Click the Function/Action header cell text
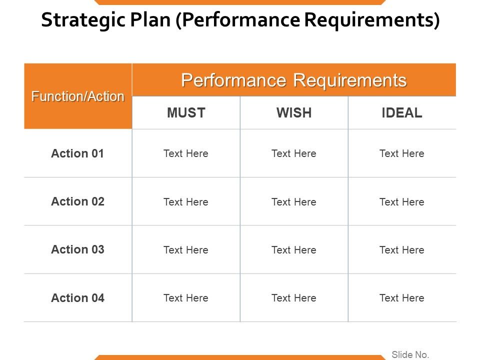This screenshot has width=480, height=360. point(78,96)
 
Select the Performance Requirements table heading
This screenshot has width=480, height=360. point(293,80)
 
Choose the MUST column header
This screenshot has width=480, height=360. point(186,113)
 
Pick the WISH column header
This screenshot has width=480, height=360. point(294,113)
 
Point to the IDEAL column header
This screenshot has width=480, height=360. point(402,113)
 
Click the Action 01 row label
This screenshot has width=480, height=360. point(77,153)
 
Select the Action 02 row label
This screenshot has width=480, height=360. point(77,201)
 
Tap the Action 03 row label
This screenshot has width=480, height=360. point(77,249)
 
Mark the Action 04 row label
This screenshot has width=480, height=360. point(77,298)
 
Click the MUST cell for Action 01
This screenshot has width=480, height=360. point(186,154)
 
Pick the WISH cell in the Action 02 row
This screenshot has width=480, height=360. point(294,202)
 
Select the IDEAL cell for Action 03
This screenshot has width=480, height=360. point(402,250)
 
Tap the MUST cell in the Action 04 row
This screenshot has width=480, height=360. point(186,298)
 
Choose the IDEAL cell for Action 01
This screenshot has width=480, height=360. point(402,154)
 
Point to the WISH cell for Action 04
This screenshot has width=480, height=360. point(294,298)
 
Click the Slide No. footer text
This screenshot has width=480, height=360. point(410,354)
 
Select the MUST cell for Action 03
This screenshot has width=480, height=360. point(186,250)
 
